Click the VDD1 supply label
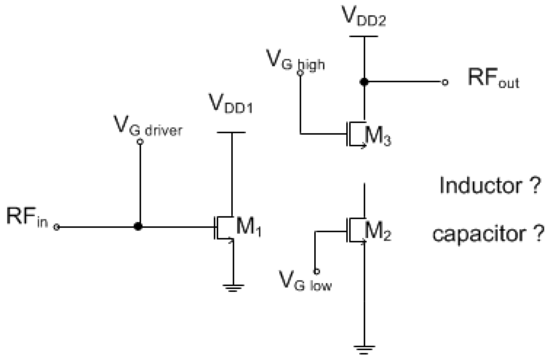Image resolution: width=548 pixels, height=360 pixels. (231, 106)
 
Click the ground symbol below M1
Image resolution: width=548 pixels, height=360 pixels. (232, 288)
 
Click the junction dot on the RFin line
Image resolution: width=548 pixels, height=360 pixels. (138, 227)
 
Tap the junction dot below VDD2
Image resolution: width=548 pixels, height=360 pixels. (364, 82)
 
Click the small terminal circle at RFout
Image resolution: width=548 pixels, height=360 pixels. (444, 82)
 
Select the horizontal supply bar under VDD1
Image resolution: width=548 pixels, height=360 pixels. (232, 132)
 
